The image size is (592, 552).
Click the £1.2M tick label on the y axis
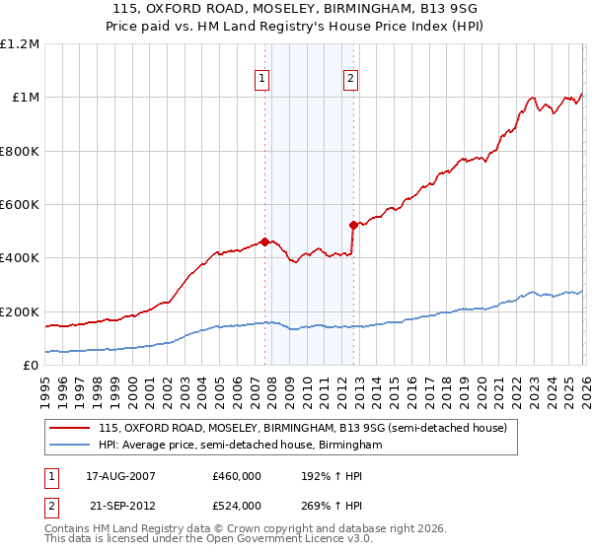[20, 44]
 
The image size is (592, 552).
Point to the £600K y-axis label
[20, 205]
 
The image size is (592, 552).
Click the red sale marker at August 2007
[264, 241]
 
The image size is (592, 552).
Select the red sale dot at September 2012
[353, 225]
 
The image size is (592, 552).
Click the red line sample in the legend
[70, 428]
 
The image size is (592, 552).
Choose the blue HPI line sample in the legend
[70, 446]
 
